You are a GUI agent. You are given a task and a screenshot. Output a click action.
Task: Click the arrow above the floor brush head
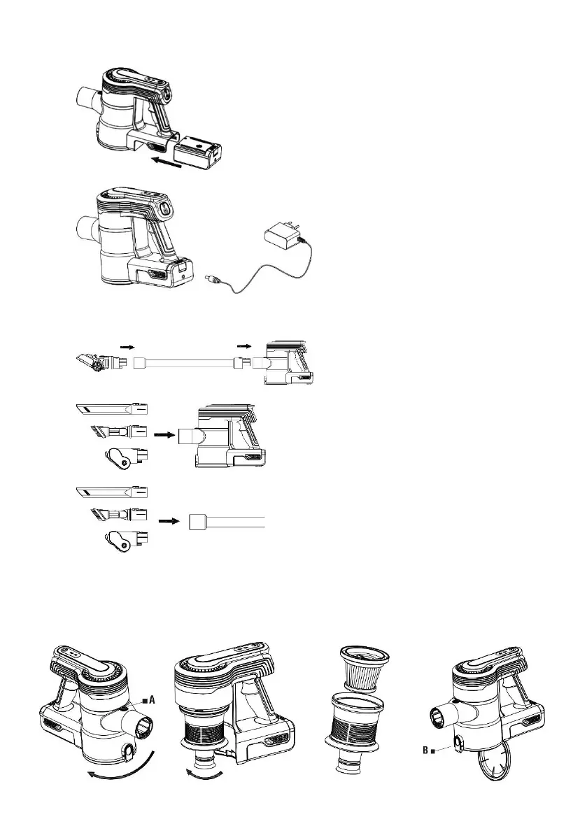tap(125, 346)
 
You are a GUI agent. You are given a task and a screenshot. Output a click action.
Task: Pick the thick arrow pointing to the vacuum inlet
tap(164, 434)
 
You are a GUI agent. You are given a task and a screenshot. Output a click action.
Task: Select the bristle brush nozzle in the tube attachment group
tap(118, 516)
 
